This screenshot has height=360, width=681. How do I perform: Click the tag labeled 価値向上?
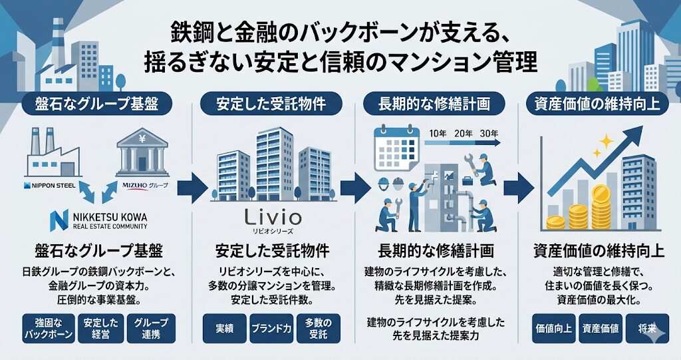(x=553, y=327)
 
